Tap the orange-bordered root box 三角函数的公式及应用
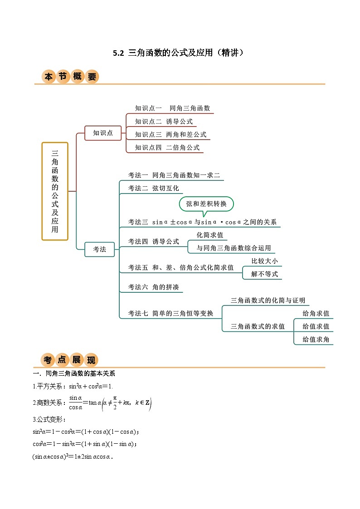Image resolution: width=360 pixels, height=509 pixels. tap(55, 191)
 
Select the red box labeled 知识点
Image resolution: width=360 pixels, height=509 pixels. tap(103, 133)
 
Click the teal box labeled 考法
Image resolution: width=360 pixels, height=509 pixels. tap(100, 249)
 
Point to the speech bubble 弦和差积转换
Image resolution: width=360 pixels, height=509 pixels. tap(206, 204)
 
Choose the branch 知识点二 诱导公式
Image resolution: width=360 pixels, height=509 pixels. tap(164, 121)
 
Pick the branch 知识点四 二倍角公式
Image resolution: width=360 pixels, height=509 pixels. tap(167, 147)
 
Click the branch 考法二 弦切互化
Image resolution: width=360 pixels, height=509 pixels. tap(153, 188)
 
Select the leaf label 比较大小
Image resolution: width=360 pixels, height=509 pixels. tap(264, 261)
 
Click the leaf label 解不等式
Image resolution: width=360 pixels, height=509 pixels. tap(264, 274)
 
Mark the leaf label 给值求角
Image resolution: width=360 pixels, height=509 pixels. tap(316, 339)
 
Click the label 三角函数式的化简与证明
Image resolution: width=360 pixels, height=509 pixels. tap(268, 300)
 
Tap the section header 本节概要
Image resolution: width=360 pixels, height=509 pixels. tap(70, 77)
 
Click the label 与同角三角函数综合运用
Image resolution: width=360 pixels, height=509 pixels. tap(234, 248)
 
